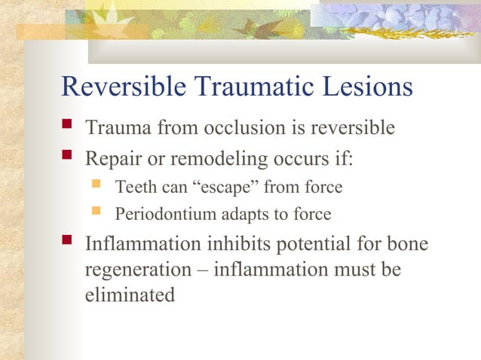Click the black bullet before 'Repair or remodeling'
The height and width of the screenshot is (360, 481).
pyautogui.click(x=68, y=159)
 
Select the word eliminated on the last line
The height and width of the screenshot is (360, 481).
pyautogui.click(x=130, y=294)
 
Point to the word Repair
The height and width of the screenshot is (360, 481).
pyautogui.click(x=112, y=160)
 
